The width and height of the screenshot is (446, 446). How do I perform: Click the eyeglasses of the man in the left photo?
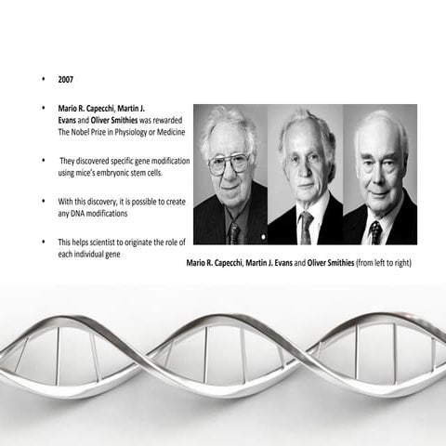coord(229,163)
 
